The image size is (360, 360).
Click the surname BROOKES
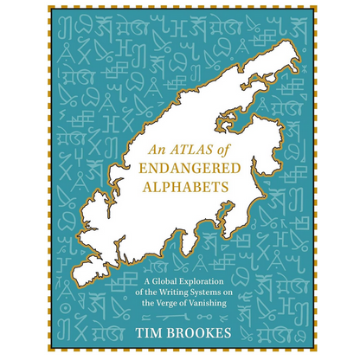pyautogui.click(x=202, y=330)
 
